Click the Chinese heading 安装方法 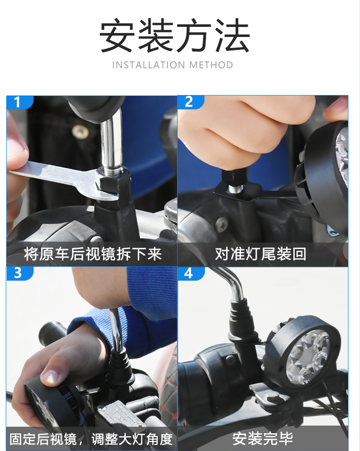point(174,35)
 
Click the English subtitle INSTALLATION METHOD point(173,65)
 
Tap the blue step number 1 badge point(20,102)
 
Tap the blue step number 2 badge point(191,102)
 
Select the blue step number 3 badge point(20,273)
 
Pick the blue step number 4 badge point(191,273)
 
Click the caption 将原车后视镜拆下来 point(93,254)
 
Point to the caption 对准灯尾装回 point(261,254)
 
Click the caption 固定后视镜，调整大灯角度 point(91,439)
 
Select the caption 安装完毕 point(263,439)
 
